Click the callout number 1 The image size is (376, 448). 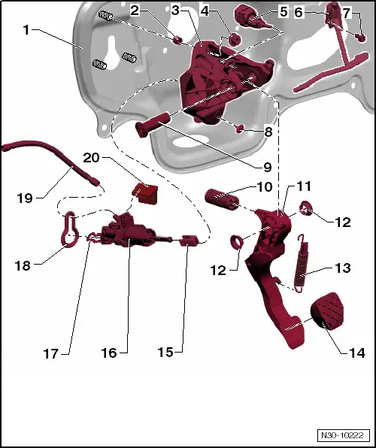point(26,32)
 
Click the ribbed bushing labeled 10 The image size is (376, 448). point(220,201)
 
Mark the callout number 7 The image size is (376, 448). point(346,13)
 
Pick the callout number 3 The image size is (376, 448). point(175,11)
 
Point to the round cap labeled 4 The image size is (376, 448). point(234,38)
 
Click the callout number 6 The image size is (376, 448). point(299,13)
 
